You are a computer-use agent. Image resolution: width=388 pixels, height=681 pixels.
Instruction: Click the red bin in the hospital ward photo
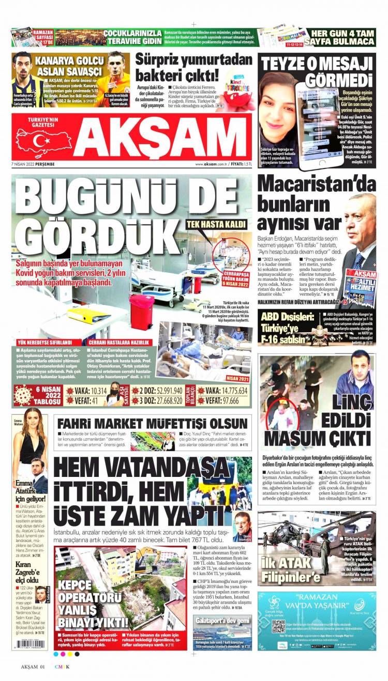pos(142,312)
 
